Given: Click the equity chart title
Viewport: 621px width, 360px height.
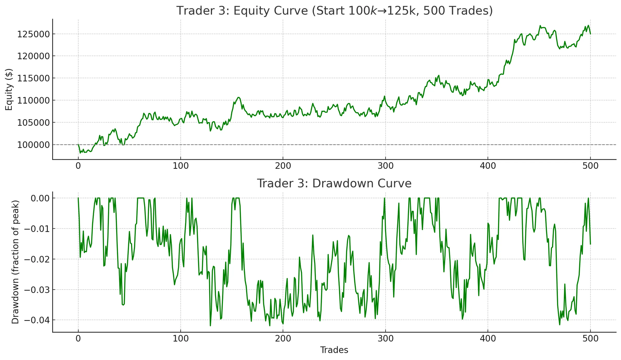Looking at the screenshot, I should [334, 11].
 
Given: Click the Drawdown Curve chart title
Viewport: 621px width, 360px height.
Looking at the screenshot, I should [334, 183].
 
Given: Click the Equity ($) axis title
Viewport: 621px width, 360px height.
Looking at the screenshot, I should [9, 89].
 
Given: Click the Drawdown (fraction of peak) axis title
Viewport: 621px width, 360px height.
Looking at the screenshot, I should [15, 262].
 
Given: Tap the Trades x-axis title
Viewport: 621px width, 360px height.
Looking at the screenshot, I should [334, 350].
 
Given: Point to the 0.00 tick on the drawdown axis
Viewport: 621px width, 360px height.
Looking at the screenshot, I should [38, 198].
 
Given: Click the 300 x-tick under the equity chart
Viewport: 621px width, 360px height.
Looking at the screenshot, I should [385, 166].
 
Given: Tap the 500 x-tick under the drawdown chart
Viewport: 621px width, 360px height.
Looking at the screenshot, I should [590, 339].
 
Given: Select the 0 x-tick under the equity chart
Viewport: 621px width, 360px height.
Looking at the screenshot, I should [78, 166].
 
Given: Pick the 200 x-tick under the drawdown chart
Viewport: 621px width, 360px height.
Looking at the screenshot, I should [283, 339].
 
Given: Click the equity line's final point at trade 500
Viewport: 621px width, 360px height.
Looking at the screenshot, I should [590, 34].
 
